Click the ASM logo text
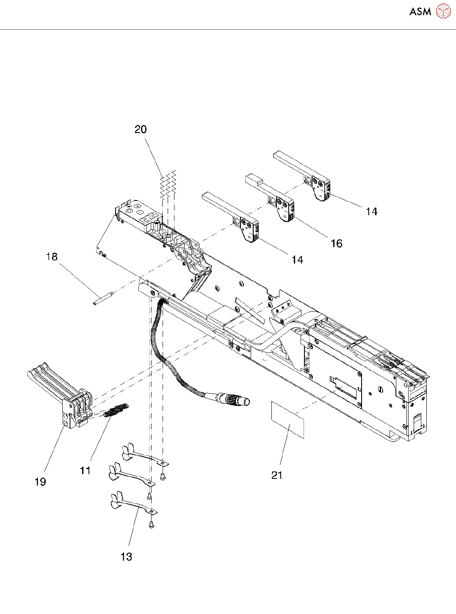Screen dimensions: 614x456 tap(420, 11)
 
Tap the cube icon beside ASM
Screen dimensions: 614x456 tap(443, 11)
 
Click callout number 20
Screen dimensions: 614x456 tap(141, 129)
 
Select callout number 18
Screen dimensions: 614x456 tap(52, 257)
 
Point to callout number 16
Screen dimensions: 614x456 tap(336, 243)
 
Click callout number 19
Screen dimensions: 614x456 tap(40, 482)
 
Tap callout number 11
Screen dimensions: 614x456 tap(85, 470)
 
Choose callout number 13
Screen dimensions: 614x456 tap(126, 557)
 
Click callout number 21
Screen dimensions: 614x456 tap(276, 475)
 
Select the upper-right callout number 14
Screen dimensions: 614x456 tap(372, 211)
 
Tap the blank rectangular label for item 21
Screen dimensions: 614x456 tap(287, 420)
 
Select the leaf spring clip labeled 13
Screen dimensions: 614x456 tap(131, 504)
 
